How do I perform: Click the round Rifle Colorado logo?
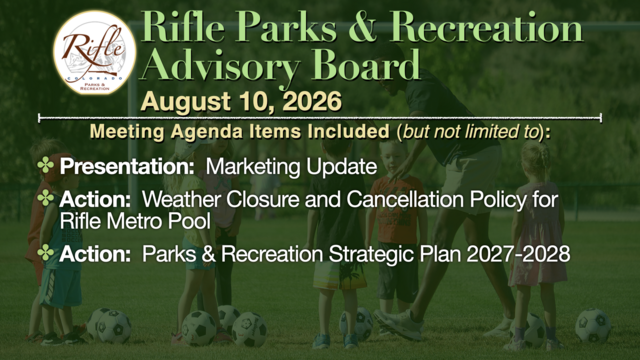click(x=95, y=52)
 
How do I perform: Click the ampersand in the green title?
click(x=362, y=27)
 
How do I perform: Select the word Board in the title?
click(x=365, y=64)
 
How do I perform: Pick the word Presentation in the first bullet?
click(x=127, y=167)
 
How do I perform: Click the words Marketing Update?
click(x=291, y=167)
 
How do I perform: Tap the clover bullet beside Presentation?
click(x=46, y=166)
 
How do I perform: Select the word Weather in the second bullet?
click(x=181, y=200)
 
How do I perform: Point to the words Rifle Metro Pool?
click(x=135, y=221)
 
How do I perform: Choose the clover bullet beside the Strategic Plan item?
click(x=46, y=253)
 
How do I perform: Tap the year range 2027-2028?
click(x=518, y=254)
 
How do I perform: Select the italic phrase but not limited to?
click(x=471, y=132)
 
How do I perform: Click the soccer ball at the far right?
click(x=593, y=325)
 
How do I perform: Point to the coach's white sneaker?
click(x=398, y=324)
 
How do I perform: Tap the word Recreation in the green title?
click(x=486, y=27)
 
